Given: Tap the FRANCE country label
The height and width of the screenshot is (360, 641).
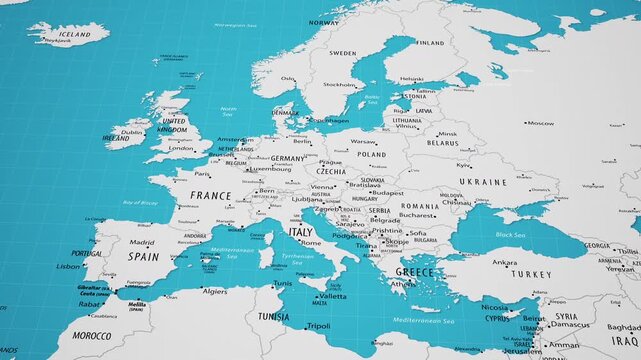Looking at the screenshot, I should point(211,196).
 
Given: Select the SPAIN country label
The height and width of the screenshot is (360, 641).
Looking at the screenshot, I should point(143,256).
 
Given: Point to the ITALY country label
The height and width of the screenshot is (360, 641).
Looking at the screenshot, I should point(300,231).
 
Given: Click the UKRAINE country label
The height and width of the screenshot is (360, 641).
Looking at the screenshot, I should point(489,182).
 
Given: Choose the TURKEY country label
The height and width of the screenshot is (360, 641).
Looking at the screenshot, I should point(530,273).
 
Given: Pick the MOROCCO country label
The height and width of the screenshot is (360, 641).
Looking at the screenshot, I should point(92,336).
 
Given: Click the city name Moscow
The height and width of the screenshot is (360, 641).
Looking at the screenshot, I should point(541,123).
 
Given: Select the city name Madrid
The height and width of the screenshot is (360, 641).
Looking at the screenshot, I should point(142,242).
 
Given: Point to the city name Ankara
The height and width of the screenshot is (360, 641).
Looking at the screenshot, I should point(504,262).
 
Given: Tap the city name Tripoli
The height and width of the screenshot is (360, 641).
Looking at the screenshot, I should point(318,326).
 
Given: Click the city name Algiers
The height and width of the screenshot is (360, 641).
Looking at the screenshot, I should point(215,291).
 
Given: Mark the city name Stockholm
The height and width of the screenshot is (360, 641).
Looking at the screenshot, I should point(339,85).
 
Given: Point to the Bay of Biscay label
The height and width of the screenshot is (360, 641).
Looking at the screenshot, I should point(140,203).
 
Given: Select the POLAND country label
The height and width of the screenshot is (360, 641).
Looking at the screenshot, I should point(372,155).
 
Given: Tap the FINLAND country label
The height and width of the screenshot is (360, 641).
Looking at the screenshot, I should point(431,43).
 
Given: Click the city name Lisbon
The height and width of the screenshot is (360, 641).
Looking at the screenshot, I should point(68,266).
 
